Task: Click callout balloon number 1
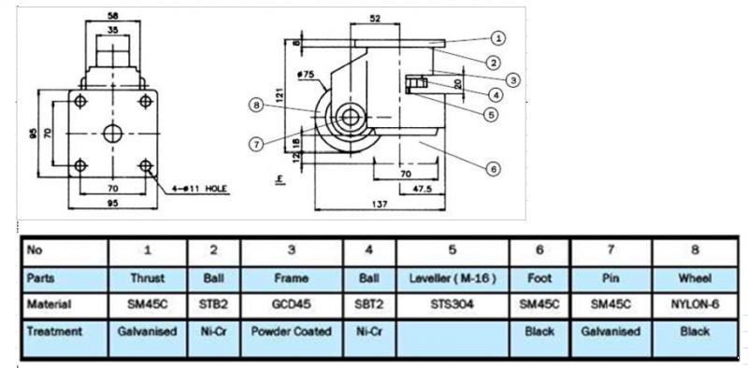[x=497, y=38]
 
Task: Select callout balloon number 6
[x=494, y=168]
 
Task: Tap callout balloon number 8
[x=256, y=106]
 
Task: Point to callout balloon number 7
[x=256, y=144]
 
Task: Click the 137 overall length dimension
[x=380, y=204]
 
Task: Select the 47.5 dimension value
[x=422, y=189]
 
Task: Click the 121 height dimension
[x=280, y=95]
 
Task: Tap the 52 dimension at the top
[x=375, y=18]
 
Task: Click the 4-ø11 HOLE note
[x=201, y=189]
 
